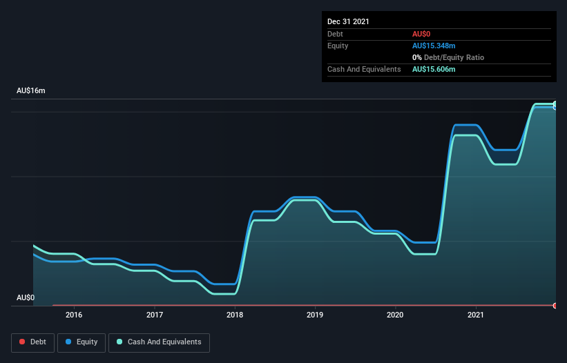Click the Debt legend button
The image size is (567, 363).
(33, 342)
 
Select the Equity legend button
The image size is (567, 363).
(81, 342)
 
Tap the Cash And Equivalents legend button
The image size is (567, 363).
(159, 342)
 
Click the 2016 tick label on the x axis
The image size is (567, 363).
(74, 315)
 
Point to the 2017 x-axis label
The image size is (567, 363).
(155, 315)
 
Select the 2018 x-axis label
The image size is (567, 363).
(235, 315)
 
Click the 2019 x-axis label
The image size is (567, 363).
(315, 315)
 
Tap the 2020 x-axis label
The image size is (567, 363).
(395, 315)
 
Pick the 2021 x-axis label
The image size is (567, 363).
(475, 315)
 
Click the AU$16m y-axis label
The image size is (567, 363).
(30, 91)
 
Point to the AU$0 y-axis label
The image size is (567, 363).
(26, 297)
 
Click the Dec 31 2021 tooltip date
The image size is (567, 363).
(348, 21)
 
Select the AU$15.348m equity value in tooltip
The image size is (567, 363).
(434, 46)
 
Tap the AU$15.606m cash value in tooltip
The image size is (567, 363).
(434, 69)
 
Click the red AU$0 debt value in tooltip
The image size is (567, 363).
(421, 34)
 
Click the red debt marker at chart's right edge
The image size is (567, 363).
(555, 305)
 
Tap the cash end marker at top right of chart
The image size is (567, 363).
(555, 105)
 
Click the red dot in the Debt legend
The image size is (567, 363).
(23, 342)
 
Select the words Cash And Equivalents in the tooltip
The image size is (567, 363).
(364, 69)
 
